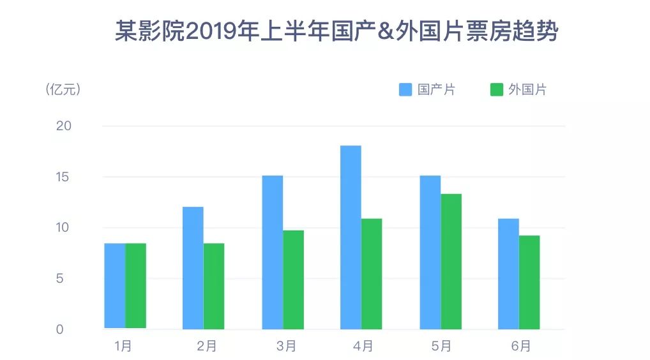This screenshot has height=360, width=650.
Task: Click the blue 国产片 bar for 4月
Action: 351,237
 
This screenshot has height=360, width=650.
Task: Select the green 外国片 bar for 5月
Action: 451,262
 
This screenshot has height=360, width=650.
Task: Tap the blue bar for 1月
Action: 115,286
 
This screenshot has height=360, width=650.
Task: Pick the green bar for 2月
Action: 214,286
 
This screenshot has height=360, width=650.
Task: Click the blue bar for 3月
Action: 273,252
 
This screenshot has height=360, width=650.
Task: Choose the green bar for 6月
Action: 529,282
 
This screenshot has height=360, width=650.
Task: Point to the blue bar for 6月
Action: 508,274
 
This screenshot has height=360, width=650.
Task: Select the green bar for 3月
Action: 294,280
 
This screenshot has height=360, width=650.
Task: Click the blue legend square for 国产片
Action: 405,89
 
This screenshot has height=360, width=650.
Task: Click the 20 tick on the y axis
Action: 64,126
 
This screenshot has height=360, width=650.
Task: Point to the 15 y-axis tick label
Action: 64,177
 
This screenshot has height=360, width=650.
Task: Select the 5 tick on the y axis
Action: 59,278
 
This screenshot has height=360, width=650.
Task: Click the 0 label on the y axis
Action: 59,329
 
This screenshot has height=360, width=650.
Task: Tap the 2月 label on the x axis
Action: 206,347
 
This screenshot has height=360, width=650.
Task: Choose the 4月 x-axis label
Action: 363,347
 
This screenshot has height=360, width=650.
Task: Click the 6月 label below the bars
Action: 520,347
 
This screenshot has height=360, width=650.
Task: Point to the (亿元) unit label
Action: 63,89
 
